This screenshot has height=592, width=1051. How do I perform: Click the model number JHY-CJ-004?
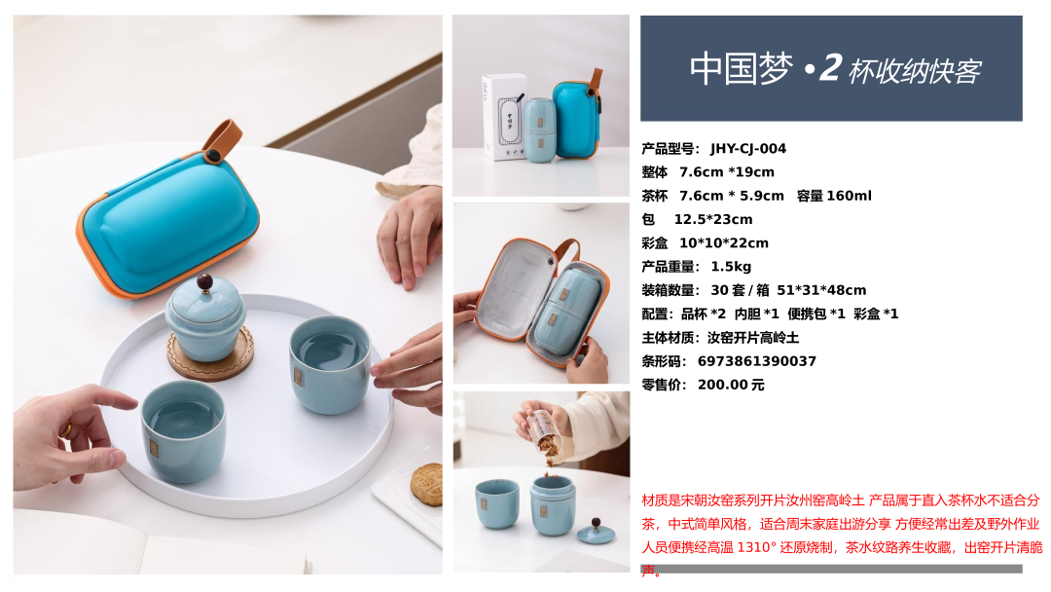748,149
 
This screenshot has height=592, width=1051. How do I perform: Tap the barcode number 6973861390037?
757,361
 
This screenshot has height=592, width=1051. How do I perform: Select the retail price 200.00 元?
731,385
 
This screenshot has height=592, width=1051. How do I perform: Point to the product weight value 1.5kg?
731,267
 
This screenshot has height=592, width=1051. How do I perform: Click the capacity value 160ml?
849,196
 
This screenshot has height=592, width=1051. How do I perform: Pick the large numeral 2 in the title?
830,68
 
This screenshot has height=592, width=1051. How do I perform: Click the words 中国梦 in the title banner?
742,68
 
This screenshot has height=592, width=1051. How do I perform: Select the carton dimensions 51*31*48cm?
821,290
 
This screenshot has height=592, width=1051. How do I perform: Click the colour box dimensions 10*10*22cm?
724,243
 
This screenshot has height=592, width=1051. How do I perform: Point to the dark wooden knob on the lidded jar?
205,282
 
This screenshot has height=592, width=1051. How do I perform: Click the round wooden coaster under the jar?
210,352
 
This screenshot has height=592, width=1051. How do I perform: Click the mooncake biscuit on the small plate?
426,485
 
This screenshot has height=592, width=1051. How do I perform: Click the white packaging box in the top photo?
504,117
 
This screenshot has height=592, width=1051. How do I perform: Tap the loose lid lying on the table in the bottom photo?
596,533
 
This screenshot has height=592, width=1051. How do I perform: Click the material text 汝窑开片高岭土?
752,338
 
